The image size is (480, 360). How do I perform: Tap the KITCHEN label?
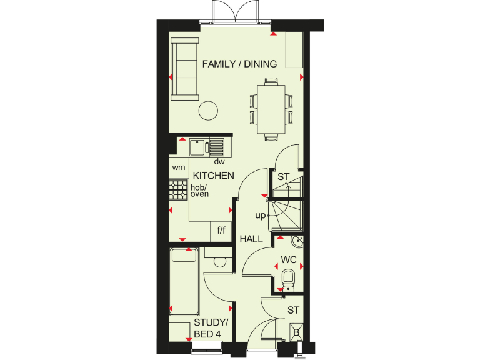[x=213, y=176]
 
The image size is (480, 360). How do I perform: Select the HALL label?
[x=251, y=239]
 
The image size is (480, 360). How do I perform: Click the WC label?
[x=287, y=259]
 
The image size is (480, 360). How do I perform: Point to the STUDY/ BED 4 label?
[x=211, y=328]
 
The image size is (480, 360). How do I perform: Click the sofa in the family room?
[x=184, y=68]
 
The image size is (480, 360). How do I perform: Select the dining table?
[x=271, y=108]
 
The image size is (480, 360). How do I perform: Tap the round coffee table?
[x=208, y=111]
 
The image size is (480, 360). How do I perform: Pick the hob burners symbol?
[x=179, y=190]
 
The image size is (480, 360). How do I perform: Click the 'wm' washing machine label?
[x=179, y=167]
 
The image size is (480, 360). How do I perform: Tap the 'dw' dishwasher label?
[x=219, y=162]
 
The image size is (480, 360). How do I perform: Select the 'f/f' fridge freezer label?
[x=221, y=231]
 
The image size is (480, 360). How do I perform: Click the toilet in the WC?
[x=288, y=278]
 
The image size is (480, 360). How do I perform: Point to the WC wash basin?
[x=296, y=242]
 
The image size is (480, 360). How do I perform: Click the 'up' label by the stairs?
[x=260, y=216]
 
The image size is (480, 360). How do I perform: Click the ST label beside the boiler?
[x=294, y=310]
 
